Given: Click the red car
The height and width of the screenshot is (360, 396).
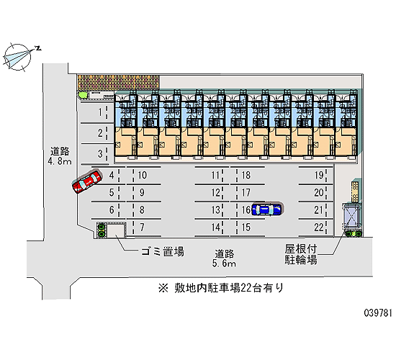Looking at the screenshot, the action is click(87, 181).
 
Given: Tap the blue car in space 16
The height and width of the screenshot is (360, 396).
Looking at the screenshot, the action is click(266, 210).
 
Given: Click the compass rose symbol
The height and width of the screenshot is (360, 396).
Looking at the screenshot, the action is click(18, 57).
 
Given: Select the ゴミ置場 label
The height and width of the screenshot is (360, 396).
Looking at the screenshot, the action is click(163, 251).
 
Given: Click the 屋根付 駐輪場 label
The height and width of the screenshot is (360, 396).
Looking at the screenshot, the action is click(301, 254).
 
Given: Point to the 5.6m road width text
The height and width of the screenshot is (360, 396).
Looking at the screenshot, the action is click(224, 264).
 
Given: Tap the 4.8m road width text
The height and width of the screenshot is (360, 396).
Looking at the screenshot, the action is click(60, 161).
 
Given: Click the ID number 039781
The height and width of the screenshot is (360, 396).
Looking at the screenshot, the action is click(378, 312).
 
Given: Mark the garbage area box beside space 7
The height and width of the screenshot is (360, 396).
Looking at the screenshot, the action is click(117, 231).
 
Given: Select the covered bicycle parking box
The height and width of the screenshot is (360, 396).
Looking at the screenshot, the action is click(351, 216).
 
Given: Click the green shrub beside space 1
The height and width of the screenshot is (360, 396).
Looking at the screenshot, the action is click(82, 95).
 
